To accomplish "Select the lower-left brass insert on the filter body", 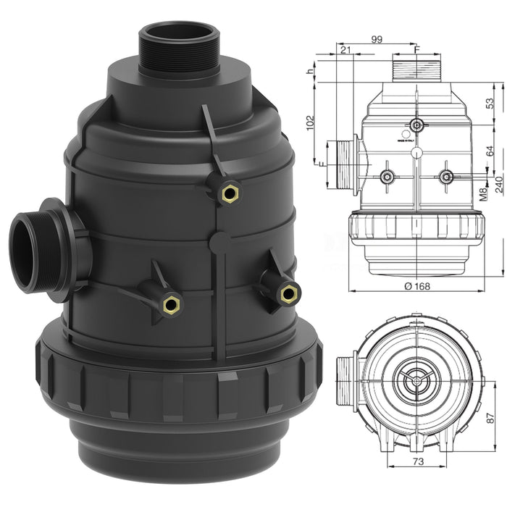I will (x=171, y=304).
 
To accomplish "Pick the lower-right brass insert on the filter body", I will (x=288, y=293).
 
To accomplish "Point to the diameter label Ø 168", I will (x=417, y=285).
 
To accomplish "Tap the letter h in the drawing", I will (x=309, y=72).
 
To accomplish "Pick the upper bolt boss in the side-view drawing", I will (x=416, y=125).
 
